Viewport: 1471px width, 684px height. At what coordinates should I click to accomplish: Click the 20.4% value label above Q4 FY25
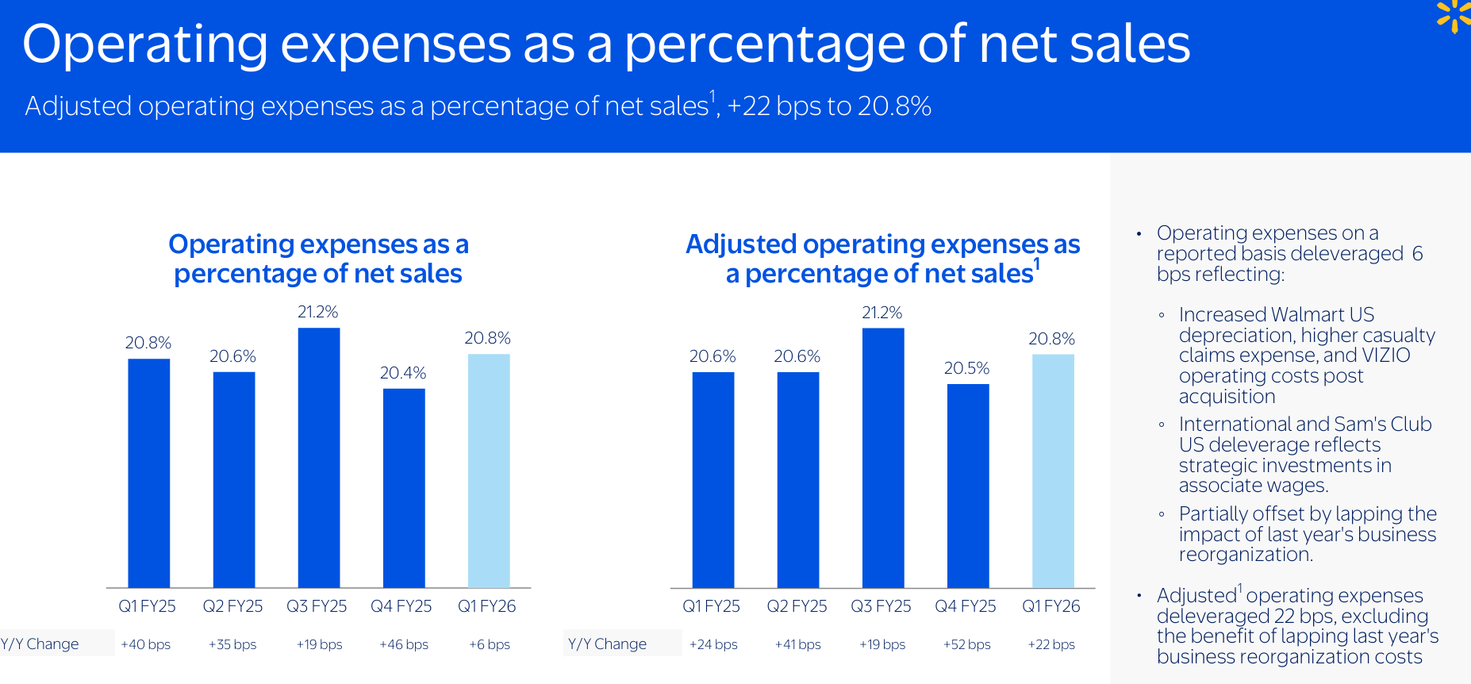tap(403, 373)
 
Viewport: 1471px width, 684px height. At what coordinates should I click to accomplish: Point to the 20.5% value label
tap(966, 368)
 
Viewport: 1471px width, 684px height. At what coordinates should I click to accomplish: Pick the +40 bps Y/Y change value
tap(146, 644)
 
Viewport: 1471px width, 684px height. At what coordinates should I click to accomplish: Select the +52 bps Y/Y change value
tap(966, 644)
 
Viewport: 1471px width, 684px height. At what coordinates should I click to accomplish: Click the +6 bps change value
tap(490, 644)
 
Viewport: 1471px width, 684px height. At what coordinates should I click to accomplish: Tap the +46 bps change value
tap(404, 644)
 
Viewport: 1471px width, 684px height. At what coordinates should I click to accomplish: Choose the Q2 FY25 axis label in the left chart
tap(232, 606)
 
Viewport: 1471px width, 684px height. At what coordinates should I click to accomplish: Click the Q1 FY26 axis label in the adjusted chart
tap(1051, 606)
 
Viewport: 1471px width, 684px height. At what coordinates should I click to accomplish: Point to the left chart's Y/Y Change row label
tap(40, 644)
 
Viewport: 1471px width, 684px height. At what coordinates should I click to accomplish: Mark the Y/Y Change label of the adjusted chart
tap(607, 644)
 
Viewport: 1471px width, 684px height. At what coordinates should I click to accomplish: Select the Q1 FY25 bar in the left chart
tap(149, 473)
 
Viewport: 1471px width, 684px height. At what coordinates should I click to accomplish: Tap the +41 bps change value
tap(798, 644)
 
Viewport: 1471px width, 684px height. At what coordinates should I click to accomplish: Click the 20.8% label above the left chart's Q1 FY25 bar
tap(148, 343)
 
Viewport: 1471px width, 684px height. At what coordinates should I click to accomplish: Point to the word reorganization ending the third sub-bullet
tap(1244, 555)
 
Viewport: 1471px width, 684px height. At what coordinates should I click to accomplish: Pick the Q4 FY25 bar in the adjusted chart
tap(968, 486)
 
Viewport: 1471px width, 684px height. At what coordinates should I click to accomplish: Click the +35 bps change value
tap(232, 644)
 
